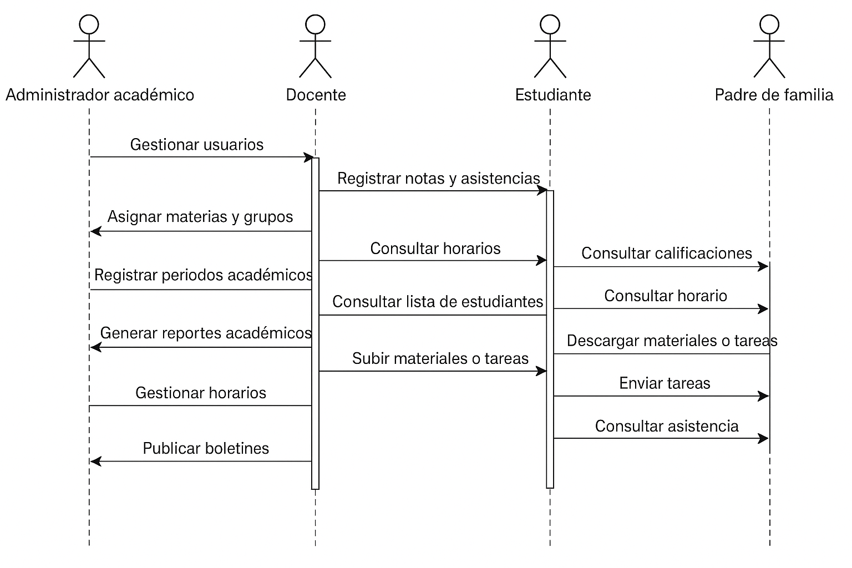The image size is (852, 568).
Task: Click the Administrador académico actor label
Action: pyautogui.click(x=100, y=95)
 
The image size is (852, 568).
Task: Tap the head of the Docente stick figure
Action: pyautogui.click(x=315, y=24)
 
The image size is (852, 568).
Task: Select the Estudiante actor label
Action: pyautogui.click(x=553, y=95)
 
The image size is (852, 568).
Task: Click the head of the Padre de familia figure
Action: pyautogui.click(x=769, y=24)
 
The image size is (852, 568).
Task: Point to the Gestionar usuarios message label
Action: pyautogui.click(x=197, y=145)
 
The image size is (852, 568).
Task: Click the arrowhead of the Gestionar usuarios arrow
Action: pyautogui.click(x=308, y=158)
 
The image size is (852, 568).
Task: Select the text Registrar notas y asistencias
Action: pyautogui.click(x=438, y=179)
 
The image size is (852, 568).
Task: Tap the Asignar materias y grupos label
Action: pyautogui.click(x=200, y=216)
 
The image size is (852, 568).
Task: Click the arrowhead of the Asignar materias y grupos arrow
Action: pyautogui.click(x=95, y=231)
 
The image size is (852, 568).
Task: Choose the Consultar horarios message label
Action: pyautogui.click(x=435, y=248)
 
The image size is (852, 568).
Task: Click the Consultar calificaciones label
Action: pyautogui.click(x=667, y=253)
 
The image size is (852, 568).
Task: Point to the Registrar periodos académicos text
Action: pyautogui.click(x=203, y=275)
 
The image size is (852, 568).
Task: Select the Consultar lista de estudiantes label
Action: pyautogui.click(x=438, y=302)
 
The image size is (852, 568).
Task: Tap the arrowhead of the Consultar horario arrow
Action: pyautogui.click(x=764, y=309)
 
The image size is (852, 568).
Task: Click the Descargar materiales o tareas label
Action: pyautogui.click(x=672, y=341)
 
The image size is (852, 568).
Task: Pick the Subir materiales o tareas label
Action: pyautogui.click(x=440, y=359)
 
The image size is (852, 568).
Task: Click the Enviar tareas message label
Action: pyautogui.click(x=665, y=383)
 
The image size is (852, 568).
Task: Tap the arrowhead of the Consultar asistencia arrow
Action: pyautogui.click(x=764, y=439)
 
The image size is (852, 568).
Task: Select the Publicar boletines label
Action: pyautogui.click(x=206, y=448)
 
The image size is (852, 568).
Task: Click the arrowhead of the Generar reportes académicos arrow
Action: pyautogui.click(x=95, y=348)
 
